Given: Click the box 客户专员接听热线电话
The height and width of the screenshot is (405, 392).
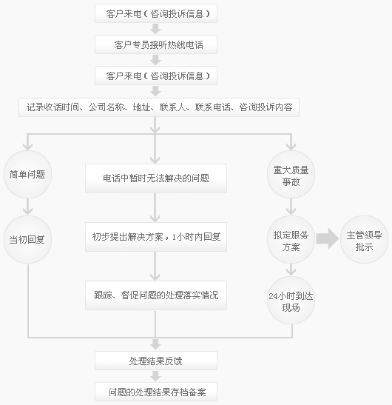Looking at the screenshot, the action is click(156, 44).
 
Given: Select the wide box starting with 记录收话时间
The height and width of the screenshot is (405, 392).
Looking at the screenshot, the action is click(159, 107).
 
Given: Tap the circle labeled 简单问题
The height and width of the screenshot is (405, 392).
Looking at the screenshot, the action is click(27, 174).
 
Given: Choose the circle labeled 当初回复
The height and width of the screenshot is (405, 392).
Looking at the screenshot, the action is click(27, 239).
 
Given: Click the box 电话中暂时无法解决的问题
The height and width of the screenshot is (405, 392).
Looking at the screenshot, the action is click(156, 178).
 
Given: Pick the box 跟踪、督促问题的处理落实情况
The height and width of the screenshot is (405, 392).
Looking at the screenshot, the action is click(156, 295).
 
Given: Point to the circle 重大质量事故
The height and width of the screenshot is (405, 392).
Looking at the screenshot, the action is click(291, 174).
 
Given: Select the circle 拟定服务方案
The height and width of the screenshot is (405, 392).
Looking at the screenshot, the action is click(291, 239).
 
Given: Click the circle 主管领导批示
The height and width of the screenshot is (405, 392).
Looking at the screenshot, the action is click(364, 239).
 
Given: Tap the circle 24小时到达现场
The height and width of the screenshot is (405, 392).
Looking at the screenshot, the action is click(291, 300).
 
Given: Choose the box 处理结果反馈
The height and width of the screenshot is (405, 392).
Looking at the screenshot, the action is click(156, 361).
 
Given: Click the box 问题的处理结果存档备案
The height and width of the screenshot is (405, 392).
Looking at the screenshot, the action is click(156, 392).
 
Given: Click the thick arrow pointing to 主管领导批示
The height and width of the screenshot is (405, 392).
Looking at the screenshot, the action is click(328, 238).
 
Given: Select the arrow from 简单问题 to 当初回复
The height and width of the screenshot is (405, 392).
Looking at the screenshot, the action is click(27, 207).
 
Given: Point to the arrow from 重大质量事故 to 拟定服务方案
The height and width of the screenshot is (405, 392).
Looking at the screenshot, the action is click(291, 207).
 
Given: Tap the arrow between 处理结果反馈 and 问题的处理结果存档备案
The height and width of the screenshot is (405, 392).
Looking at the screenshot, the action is click(155, 376).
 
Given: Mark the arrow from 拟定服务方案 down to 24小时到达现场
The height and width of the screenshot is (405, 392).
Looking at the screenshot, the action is click(291, 270).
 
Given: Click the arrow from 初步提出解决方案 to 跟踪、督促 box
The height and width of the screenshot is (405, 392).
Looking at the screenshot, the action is click(155, 266).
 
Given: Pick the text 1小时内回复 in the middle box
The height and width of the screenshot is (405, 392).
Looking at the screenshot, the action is click(196, 237).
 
